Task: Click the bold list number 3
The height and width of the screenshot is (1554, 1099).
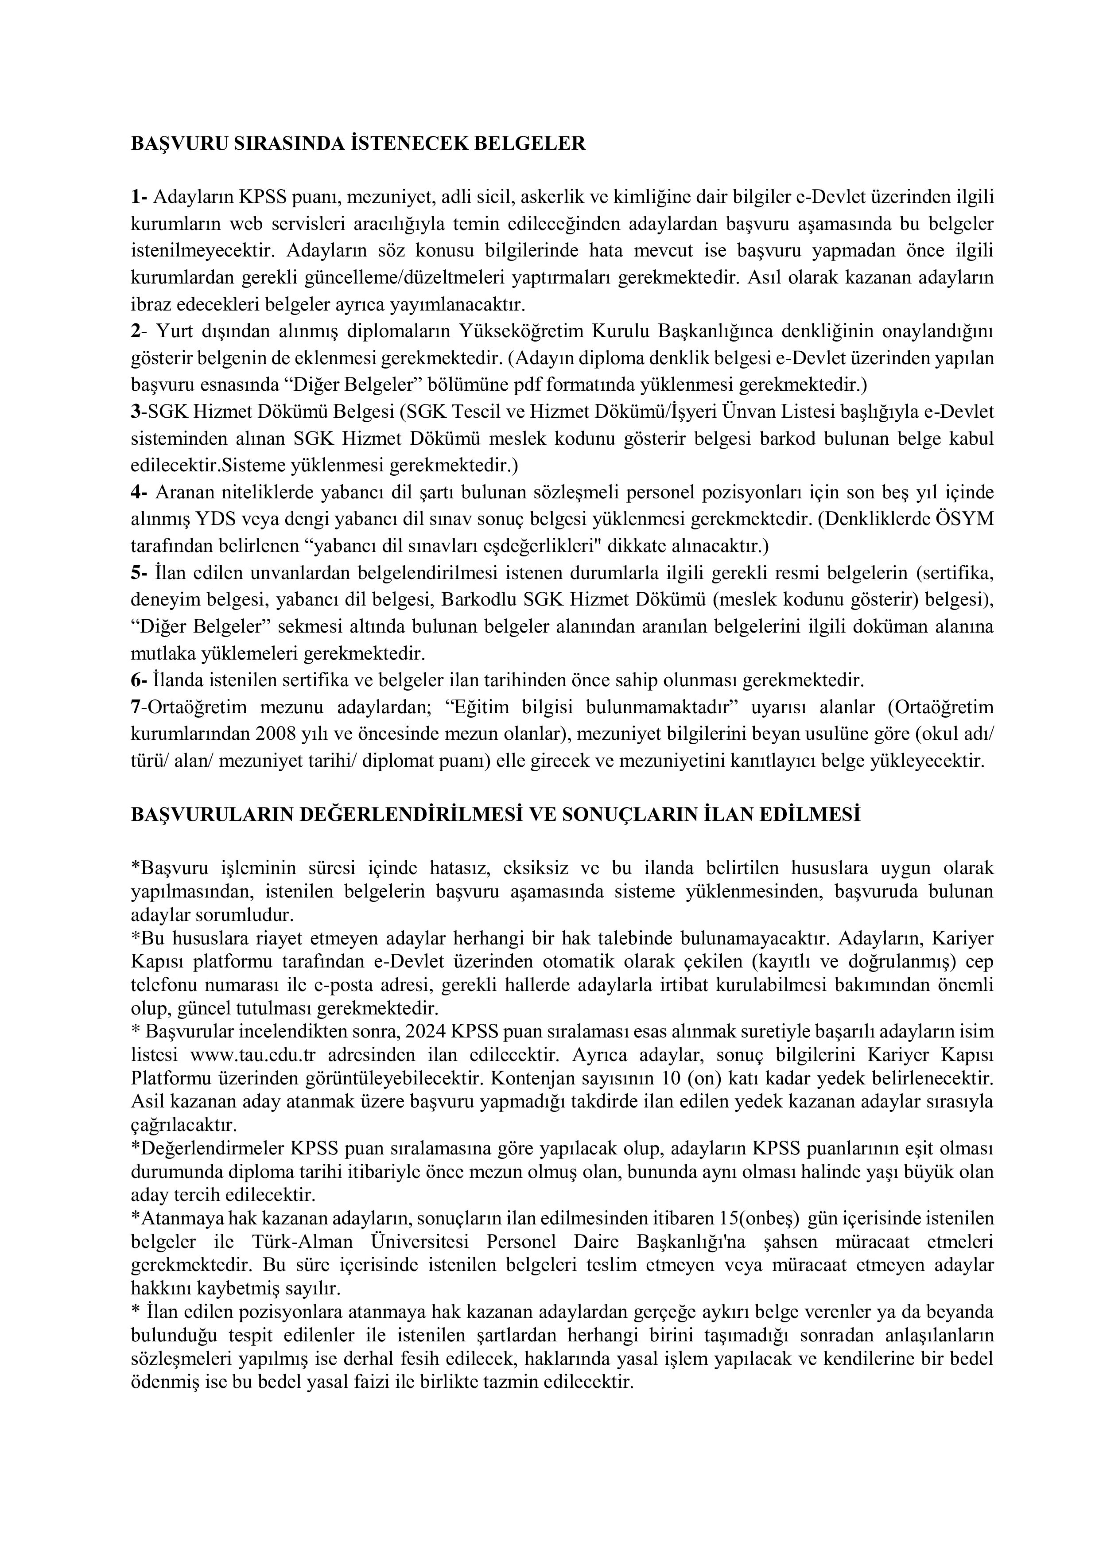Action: click(135, 412)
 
